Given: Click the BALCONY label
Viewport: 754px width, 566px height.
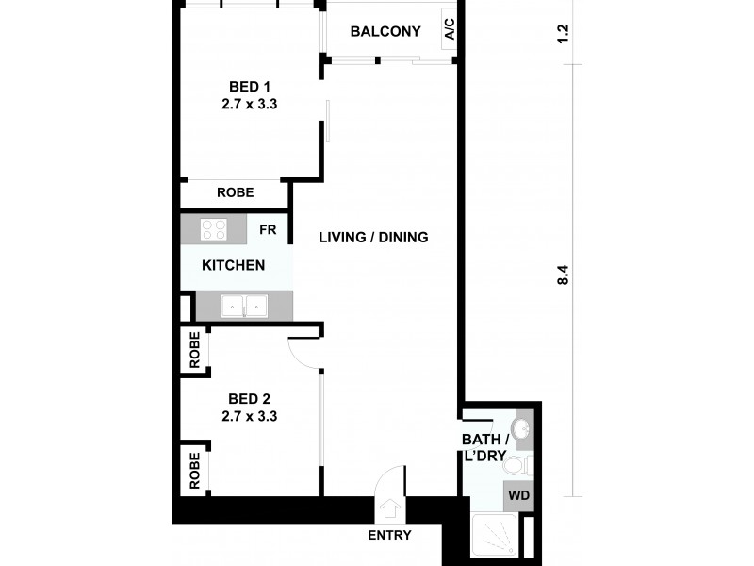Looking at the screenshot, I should (385, 31).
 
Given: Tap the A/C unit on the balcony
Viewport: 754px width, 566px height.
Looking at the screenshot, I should (450, 30).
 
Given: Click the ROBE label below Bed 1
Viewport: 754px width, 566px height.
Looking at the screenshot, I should (235, 192).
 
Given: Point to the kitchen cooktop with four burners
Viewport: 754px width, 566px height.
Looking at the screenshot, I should (214, 230).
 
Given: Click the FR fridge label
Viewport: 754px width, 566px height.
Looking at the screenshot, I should (268, 229).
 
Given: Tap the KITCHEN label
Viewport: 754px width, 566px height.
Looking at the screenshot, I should (234, 265).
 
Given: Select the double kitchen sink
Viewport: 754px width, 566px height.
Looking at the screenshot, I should (244, 306).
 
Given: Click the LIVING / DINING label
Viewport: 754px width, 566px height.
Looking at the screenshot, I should (373, 237).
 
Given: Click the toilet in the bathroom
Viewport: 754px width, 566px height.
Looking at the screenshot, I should (518, 464).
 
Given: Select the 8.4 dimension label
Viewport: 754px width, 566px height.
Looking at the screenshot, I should (564, 275).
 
